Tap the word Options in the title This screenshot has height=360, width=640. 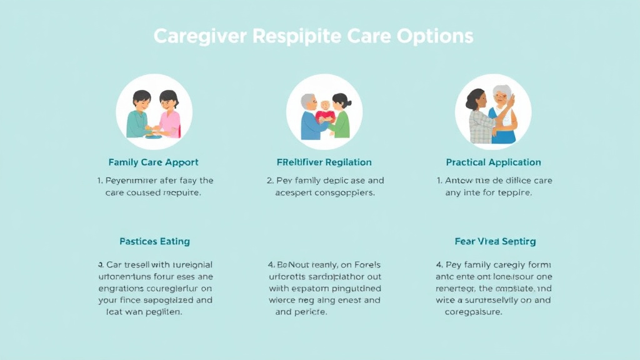point(435,36)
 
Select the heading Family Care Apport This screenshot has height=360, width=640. point(153,162)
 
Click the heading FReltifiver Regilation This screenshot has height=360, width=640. point(324,162)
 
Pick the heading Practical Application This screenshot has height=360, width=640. point(493,162)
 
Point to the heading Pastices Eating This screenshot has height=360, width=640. point(154,241)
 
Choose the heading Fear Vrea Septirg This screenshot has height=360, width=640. point(495,241)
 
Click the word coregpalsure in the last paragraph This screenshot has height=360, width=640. point(473,312)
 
